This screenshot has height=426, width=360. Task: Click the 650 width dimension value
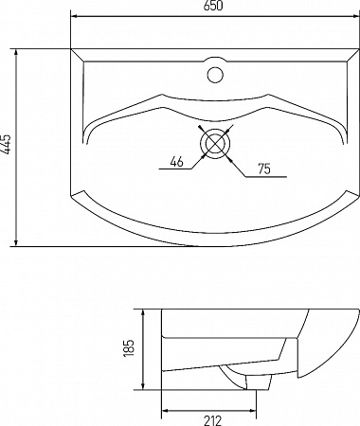(213, 6)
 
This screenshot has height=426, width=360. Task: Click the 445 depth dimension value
(6, 145)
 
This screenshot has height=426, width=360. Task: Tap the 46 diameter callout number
(176, 162)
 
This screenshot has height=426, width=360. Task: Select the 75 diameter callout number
(264, 169)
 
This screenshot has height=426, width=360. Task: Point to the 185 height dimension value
(130, 348)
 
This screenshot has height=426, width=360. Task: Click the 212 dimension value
(212, 420)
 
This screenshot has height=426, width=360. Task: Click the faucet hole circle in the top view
(215, 75)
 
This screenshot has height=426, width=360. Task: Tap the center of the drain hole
(215, 143)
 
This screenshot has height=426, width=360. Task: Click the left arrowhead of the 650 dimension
(75, 15)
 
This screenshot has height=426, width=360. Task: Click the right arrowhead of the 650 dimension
(355, 15)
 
